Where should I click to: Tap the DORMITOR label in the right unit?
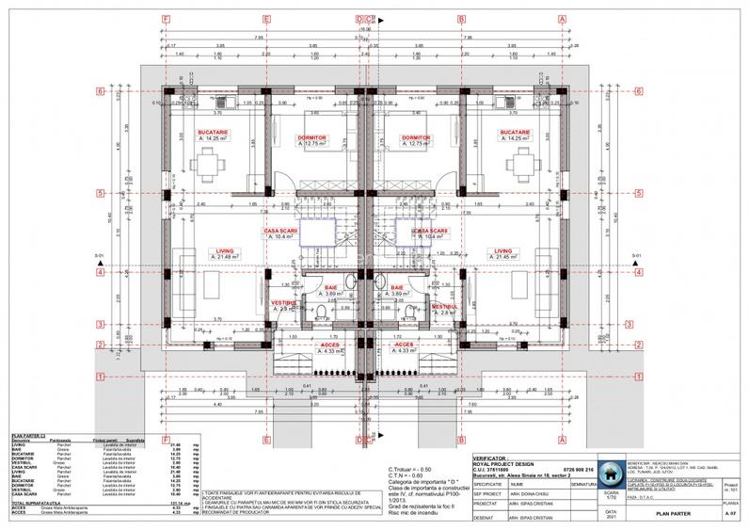pos(415,137)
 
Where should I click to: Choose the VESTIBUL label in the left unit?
pos(283,303)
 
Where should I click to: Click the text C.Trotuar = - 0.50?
pos(410,468)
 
